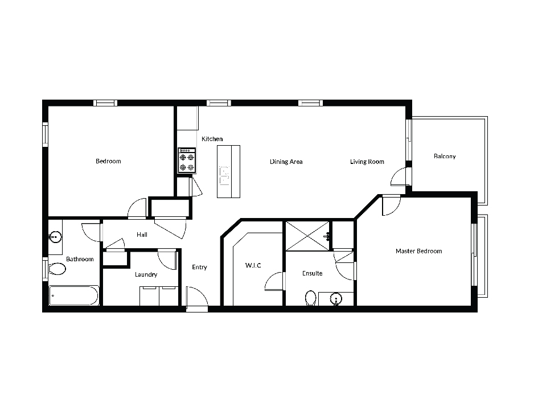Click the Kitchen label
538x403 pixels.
coord(212,139)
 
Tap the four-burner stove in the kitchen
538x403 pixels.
coord(187,160)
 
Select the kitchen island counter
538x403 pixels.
coord(228,171)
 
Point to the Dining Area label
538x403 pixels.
coord(286,162)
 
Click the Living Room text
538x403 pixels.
coord(367,162)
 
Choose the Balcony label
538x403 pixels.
coord(445,157)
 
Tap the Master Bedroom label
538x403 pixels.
coord(419,251)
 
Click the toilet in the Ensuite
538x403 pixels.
coord(310,298)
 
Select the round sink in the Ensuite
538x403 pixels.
coord(336,299)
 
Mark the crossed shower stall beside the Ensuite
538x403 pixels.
coord(307,236)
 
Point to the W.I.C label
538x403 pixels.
coord(253,265)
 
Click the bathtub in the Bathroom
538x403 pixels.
coord(74,295)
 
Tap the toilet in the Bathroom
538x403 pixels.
coord(56,269)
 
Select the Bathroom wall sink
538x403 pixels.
coord(55,237)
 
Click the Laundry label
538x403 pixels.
coord(146,274)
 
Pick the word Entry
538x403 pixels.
coord(199,267)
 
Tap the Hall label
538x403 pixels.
coord(142,235)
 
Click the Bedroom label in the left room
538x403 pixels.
coord(108,161)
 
